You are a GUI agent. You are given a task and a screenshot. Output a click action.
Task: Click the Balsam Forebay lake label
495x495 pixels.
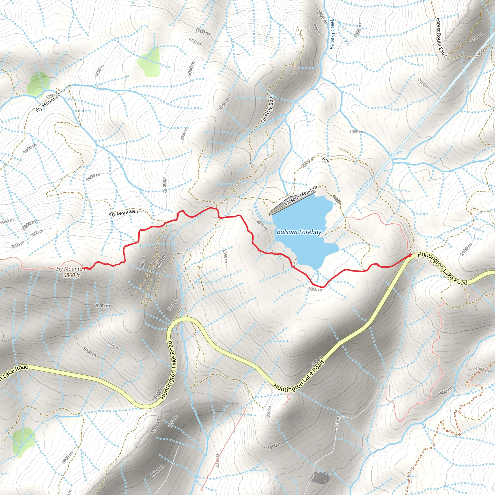[299, 232]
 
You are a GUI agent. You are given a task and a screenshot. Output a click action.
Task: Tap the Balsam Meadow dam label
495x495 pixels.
[300, 195]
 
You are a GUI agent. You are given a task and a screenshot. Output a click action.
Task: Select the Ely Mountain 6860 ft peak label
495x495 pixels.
[72, 272]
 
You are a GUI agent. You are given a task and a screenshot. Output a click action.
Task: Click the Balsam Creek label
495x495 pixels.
[332, 34]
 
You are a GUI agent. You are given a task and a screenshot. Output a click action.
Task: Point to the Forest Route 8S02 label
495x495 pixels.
[442, 37]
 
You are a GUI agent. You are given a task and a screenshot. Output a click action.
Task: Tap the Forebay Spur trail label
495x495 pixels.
[268, 109]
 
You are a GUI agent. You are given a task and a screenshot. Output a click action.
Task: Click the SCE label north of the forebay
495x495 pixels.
[325, 161]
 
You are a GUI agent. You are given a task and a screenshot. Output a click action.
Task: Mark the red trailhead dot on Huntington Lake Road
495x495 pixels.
[410, 255]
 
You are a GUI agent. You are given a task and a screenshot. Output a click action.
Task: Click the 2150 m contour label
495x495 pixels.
[477, 37]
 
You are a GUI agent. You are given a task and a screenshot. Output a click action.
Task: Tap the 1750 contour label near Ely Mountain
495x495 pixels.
[51, 96]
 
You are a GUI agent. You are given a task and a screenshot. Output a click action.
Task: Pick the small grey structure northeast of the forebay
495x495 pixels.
[337, 200]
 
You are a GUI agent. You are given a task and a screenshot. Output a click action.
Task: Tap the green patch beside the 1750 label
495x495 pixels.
[38, 85]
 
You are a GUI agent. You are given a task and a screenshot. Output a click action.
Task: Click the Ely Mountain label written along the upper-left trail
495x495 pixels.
[48, 102]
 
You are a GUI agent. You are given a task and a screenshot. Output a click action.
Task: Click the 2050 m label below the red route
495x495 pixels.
[315, 289]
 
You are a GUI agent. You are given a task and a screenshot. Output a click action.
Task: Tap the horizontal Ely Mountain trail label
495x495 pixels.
[124, 212]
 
